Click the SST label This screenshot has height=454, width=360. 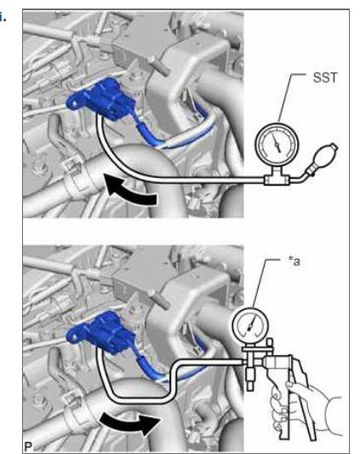(x=325, y=78)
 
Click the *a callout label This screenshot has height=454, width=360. (x=294, y=261)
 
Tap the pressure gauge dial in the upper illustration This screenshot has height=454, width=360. (x=277, y=144)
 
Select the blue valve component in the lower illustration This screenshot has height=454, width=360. (x=100, y=332)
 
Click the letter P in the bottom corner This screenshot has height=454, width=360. (x=28, y=447)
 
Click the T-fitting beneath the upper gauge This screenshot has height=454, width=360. (x=277, y=179)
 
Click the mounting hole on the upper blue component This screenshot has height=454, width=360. (x=75, y=103)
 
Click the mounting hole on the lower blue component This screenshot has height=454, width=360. (x=75, y=336)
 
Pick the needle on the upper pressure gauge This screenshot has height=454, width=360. (x=277, y=144)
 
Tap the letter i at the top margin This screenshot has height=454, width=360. (x=3, y=17)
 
